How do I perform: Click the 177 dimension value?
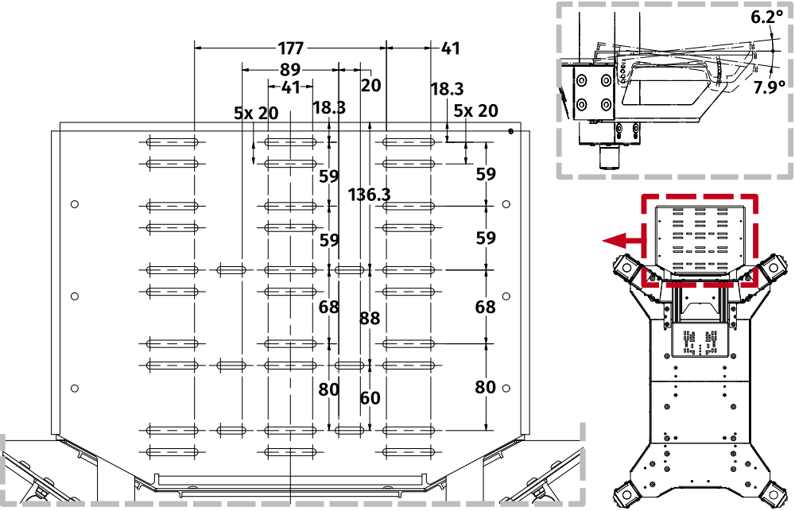click(296, 48)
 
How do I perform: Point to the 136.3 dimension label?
click(370, 194)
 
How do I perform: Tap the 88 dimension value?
click(370, 318)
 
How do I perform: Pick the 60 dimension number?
click(370, 398)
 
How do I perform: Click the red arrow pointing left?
click(621, 238)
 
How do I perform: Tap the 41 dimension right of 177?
click(450, 48)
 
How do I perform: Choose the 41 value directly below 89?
click(291, 87)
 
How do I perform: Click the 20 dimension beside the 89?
click(371, 85)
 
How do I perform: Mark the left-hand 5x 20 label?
click(256, 113)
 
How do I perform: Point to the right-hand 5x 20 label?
click(476, 110)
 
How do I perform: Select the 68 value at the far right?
click(486, 307)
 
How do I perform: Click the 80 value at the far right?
click(486, 387)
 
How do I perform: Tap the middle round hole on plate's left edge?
click(74, 296)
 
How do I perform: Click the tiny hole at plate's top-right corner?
click(510, 131)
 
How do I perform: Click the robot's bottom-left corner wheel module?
click(628, 493)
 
